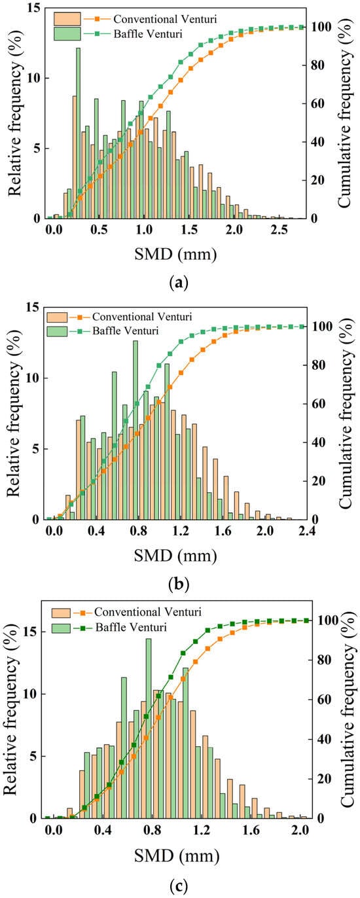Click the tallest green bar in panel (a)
(78, 133)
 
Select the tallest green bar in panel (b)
(135, 430)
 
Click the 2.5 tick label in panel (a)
(279, 230)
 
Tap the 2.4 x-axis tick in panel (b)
(307, 531)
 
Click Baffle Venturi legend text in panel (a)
(148, 33)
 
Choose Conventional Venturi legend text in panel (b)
(142, 317)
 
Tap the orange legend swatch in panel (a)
(67, 19)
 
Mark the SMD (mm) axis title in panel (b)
(175, 556)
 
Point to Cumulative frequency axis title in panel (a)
(345, 113)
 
